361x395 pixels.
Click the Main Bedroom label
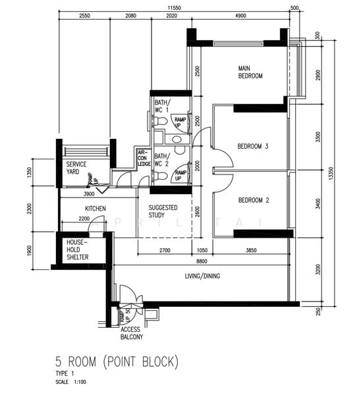pyautogui.click(x=250, y=72)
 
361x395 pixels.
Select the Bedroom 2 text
pyautogui.click(x=253, y=200)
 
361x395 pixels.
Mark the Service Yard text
pyautogui.click(x=78, y=168)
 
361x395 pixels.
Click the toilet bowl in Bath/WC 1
pyautogui.click(x=159, y=121)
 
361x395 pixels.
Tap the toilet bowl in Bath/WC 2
pyautogui.click(x=159, y=176)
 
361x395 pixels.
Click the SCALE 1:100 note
pyautogui.click(x=71, y=382)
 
